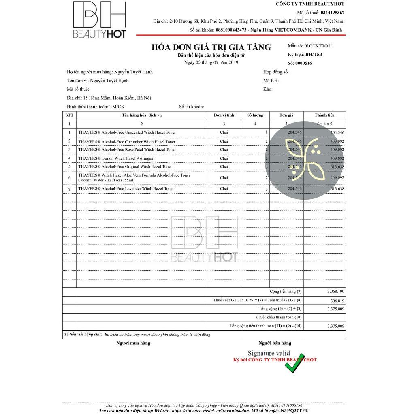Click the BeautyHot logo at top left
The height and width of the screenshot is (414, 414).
pyautogui.click(x=99, y=20)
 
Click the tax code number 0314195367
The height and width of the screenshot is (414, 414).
pyautogui.click(x=332, y=13)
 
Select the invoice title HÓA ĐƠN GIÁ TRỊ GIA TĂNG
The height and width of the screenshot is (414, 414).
pyautogui.click(x=211, y=47)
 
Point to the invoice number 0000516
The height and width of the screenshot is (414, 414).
pyautogui.click(x=303, y=63)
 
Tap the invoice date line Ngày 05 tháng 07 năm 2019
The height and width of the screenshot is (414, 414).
pyautogui.click(x=211, y=62)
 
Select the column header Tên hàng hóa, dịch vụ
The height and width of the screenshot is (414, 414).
pyautogui.click(x=142, y=115)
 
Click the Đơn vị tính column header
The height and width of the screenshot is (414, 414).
pyautogui.click(x=224, y=115)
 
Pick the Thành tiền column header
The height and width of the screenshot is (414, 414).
pyautogui.click(x=324, y=115)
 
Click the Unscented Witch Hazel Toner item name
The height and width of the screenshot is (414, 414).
pyautogui.click(x=127, y=132)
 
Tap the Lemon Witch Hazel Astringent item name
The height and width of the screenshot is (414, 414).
pyautogui.click(x=116, y=158)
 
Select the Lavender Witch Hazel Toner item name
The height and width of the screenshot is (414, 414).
pyautogui.click(x=126, y=189)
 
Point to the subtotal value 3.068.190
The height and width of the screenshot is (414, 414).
pyautogui.click(x=335, y=292)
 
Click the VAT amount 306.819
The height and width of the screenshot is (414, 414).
pyautogui.click(x=337, y=301)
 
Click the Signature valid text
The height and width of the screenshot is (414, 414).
pyautogui.click(x=269, y=354)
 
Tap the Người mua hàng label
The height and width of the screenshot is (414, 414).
pyautogui.click(x=133, y=343)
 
